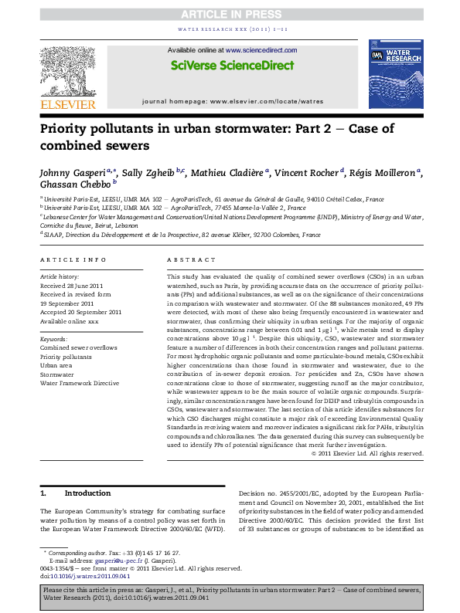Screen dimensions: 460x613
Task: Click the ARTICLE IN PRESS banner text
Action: [x=230, y=15]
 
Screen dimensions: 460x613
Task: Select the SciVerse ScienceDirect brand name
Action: [x=230, y=66]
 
